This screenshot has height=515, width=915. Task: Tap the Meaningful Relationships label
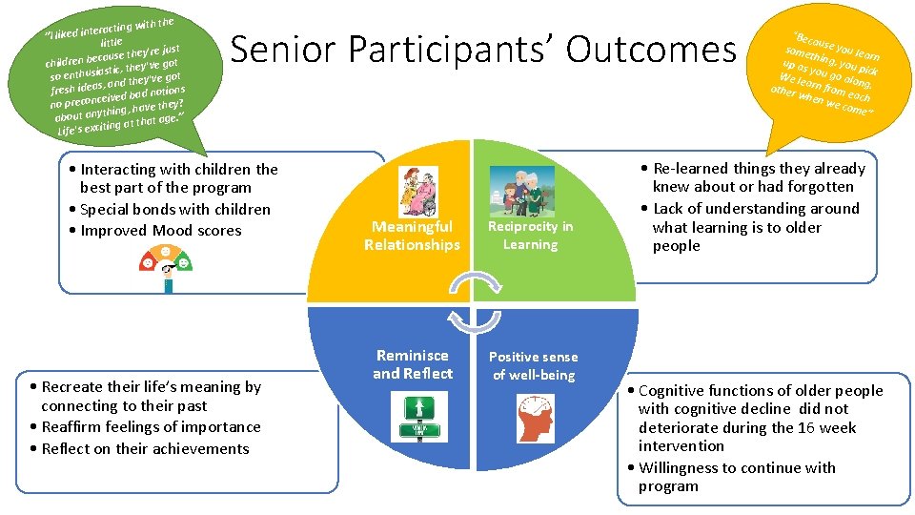pyautogui.click(x=412, y=236)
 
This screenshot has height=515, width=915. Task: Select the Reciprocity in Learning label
pyautogui.click(x=531, y=236)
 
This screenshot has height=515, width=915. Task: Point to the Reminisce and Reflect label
pyautogui.click(x=413, y=364)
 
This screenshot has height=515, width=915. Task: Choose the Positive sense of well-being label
pyautogui.click(x=534, y=365)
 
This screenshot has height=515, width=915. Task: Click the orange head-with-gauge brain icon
pyautogui.click(x=535, y=418)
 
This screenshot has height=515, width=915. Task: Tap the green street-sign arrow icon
pyautogui.click(x=416, y=418)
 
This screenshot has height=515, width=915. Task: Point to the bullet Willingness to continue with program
pyautogui.click(x=734, y=477)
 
